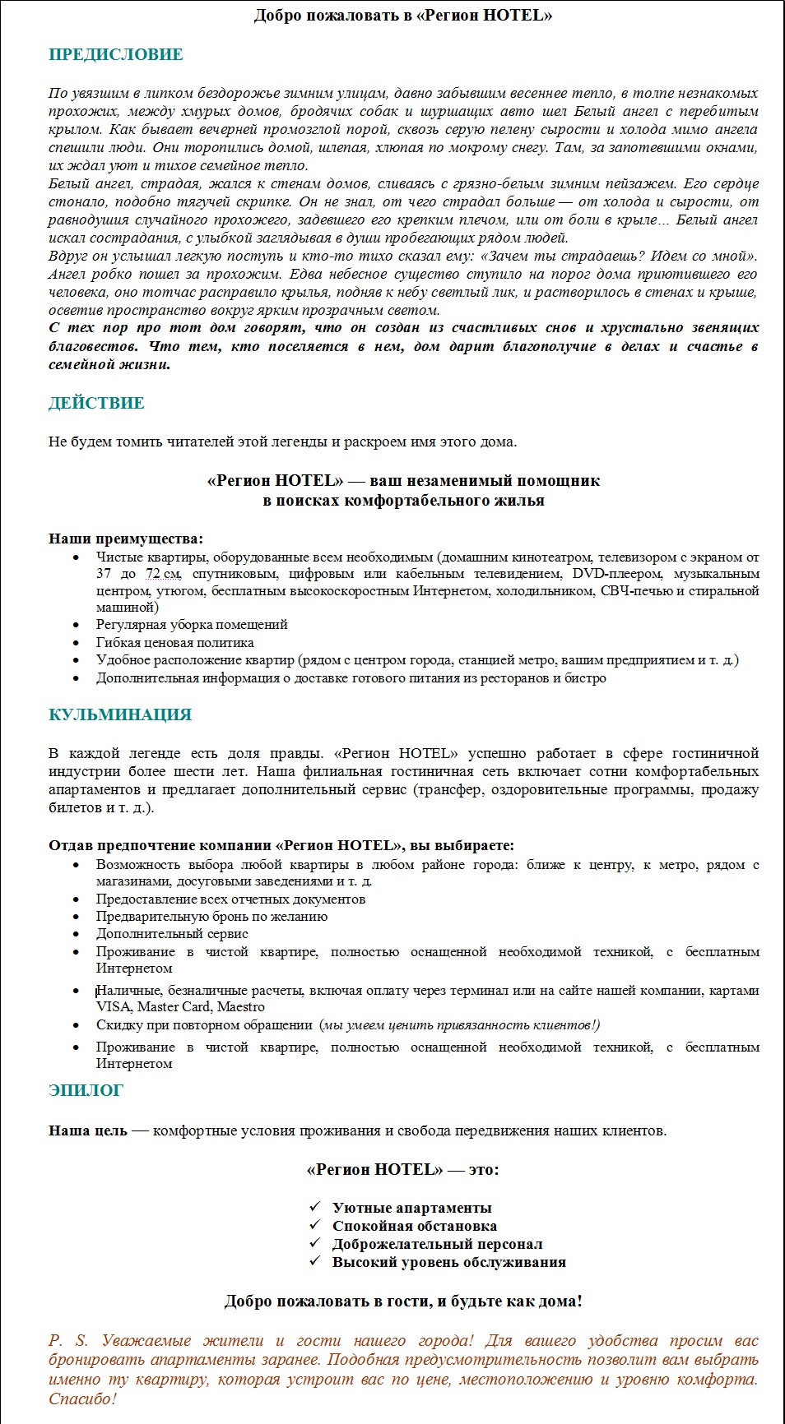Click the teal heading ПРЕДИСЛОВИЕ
(115, 55)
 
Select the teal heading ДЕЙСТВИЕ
(96, 403)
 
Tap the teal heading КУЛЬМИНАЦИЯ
(120, 714)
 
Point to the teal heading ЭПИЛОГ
(86, 1091)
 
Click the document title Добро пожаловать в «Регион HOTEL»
(402, 16)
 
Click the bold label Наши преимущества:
(125, 539)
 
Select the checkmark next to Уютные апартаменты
(315, 1207)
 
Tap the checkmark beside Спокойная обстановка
(315, 1225)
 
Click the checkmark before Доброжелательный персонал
(315, 1243)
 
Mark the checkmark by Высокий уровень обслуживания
(315, 1261)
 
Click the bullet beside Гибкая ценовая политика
(77, 643)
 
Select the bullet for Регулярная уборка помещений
(77, 625)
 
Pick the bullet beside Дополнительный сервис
(77, 934)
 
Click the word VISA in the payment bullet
(114, 1007)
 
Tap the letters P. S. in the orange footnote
(67, 1341)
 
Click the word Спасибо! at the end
(82, 1399)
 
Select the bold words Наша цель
(87, 1130)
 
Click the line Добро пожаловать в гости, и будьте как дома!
(402, 1301)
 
